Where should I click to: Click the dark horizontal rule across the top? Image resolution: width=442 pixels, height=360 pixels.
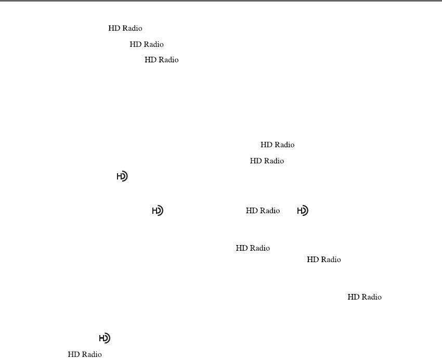[x=221, y=1]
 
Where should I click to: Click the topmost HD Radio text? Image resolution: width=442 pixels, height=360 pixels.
[x=125, y=29]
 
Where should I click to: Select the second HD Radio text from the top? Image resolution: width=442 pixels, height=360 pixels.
[x=147, y=45]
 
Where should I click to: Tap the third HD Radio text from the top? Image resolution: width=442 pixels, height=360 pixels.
[x=161, y=60]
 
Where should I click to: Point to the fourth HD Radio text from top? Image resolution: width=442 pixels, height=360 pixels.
[x=277, y=145]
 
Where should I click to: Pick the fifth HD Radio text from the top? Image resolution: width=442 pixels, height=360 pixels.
[x=267, y=161]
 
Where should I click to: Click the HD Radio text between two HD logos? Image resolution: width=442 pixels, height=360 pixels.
[x=263, y=211]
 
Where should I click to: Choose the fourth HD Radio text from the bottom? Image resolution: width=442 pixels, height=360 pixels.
[x=253, y=249]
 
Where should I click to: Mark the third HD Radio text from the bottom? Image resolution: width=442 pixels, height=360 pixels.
[x=323, y=260]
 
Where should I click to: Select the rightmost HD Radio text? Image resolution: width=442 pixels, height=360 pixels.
[x=365, y=297]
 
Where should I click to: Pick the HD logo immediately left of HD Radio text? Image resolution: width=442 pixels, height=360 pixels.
[x=158, y=211]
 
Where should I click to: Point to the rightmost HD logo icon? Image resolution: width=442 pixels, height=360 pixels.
[x=303, y=211]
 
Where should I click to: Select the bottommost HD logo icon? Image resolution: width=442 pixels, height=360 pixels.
[x=105, y=338]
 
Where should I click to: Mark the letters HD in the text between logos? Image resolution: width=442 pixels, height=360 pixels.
[x=251, y=211]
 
